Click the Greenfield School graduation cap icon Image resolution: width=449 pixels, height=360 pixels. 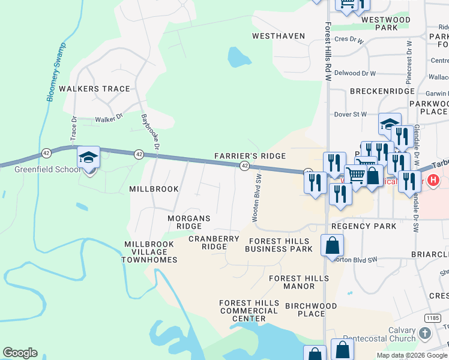(88, 157)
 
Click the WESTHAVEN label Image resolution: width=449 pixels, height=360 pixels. (279, 36)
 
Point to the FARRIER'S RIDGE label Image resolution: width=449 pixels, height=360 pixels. (250, 156)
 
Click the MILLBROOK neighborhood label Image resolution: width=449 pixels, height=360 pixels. (154, 189)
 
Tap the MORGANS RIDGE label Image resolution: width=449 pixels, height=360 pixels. (189, 222)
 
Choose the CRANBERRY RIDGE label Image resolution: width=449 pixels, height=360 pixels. (214, 242)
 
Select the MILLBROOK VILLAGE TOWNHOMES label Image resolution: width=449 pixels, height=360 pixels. (149, 252)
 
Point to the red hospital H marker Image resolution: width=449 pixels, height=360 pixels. (434, 179)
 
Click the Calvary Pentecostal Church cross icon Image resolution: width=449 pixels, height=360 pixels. (426, 334)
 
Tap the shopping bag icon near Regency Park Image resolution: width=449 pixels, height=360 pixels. (332, 245)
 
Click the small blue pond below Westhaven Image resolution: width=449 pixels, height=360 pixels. (238, 58)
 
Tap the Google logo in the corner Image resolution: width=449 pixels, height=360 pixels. (20, 353)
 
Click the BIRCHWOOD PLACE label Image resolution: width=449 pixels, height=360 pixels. (311, 310)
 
